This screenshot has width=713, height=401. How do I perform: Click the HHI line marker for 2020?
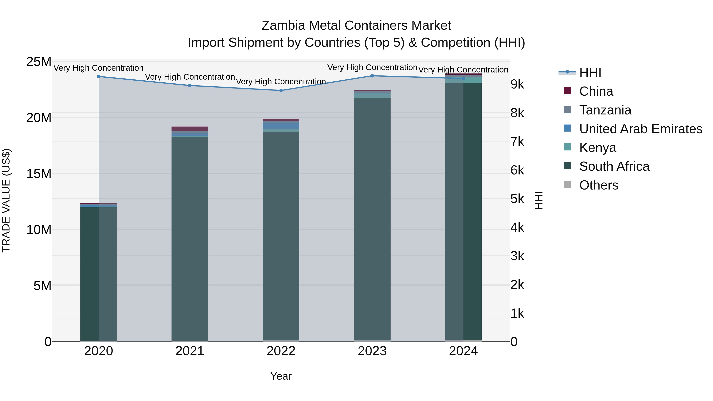click(x=99, y=76)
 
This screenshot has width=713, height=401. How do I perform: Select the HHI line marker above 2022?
click(x=281, y=90)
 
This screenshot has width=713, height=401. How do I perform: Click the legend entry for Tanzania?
click(x=605, y=110)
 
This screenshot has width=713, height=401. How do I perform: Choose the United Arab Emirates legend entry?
click(x=641, y=129)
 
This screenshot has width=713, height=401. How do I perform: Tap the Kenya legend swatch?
click(x=567, y=147)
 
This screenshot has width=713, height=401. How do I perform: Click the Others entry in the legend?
click(x=598, y=185)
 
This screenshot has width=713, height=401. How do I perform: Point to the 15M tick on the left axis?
click(x=39, y=174)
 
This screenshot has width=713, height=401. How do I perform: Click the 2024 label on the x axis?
click(x=463, y=351)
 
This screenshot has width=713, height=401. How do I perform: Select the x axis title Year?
click(x=281, y=376)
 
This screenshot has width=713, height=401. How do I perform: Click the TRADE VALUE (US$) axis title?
click(x=6, y=200)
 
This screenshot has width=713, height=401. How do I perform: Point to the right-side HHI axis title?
click(x=539, y=200)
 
